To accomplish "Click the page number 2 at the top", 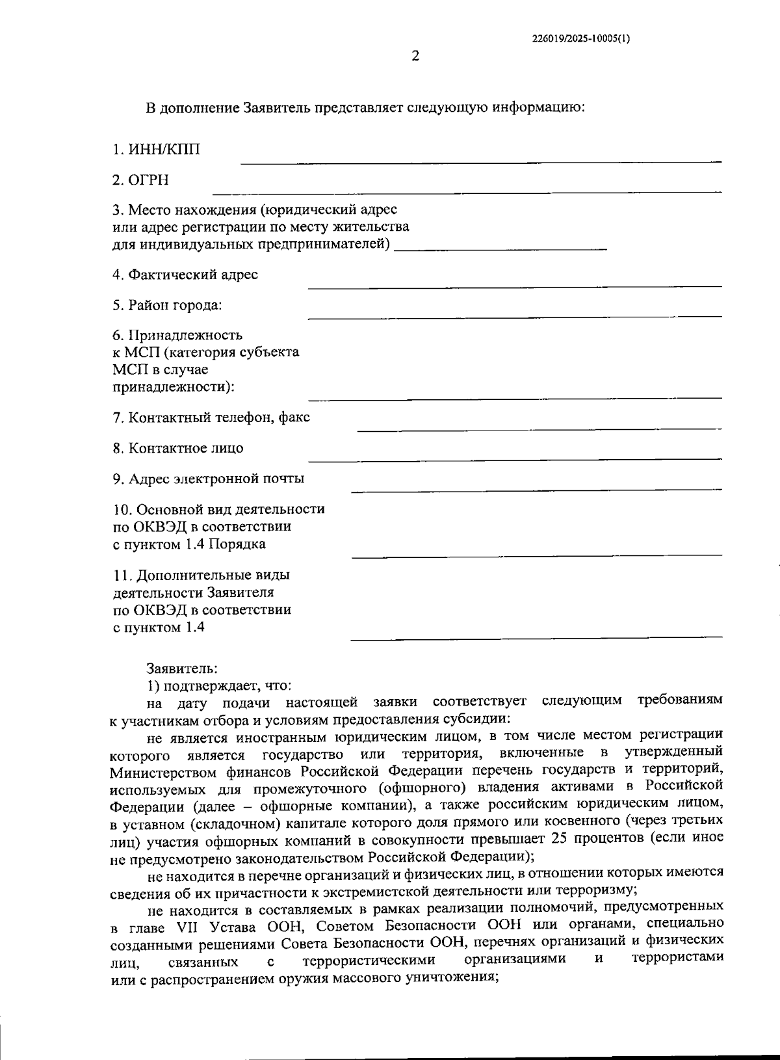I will pyautogui.click(x=415, y=57).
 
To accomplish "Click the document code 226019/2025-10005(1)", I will pyautogui.click(x=580, y=38).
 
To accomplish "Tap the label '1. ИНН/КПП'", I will pyautogui.click(x=156, y=150).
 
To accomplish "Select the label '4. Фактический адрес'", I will pyautogui.click(x=185, y=274).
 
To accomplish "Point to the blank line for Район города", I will pyautogui.click(x=514, y=317).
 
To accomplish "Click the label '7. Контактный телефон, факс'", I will pyautogui.click(x=211, y=417).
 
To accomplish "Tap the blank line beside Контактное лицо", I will pyautogui.click(x=514, y=459).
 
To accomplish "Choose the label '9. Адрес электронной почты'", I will pyautogui.click(x=209, y=479).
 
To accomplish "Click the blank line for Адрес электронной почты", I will pyautogui.click(x=536, y=489).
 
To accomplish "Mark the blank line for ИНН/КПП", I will pyautogui.click(x=481, y=161).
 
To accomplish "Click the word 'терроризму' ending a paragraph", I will pyautogui.click(x=590, y=889).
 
